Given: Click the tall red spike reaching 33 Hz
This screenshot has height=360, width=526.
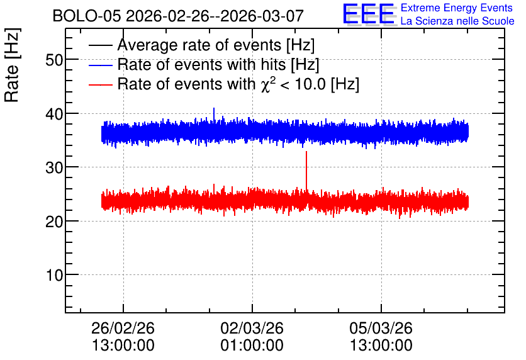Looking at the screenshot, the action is pos(306,171).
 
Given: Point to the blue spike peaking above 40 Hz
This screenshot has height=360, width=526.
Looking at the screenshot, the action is pos(214,114).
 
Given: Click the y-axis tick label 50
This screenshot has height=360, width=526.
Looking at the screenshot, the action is pos(54,60).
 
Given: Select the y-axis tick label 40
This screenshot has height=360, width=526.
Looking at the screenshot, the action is pos(54,114).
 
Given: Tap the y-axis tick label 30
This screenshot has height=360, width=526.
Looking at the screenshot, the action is pos(54,167).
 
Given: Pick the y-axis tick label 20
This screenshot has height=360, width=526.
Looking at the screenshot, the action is pos(54,221).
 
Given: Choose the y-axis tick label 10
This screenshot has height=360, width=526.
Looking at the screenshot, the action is pos(54,275).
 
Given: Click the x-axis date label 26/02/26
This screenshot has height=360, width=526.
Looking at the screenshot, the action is pos(123,328).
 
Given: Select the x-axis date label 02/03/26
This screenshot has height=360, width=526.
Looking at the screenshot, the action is pos(252,328).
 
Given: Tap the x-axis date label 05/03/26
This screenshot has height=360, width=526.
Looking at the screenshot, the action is pos(381,328).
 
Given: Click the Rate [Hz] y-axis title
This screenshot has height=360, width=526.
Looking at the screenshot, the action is pos(12,65).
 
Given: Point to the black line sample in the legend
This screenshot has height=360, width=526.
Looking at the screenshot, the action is pos(100,45).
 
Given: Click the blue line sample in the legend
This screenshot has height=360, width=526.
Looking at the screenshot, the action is pos(100,65).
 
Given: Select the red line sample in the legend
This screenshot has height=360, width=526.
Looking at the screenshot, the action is pos(100,84).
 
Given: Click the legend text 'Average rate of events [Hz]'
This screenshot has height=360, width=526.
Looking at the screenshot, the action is pos(216,45).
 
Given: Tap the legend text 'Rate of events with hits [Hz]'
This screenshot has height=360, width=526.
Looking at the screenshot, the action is pos(218,65).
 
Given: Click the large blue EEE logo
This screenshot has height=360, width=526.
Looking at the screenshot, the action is pos(369,14).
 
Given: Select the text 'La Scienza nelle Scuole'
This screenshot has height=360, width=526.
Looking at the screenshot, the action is pos(457,21).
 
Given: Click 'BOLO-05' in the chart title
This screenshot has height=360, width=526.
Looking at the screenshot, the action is pos(87,16).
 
